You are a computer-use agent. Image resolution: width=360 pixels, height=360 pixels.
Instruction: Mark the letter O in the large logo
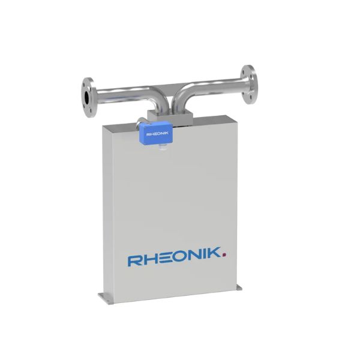pyautogui.click(x=182, y=259)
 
